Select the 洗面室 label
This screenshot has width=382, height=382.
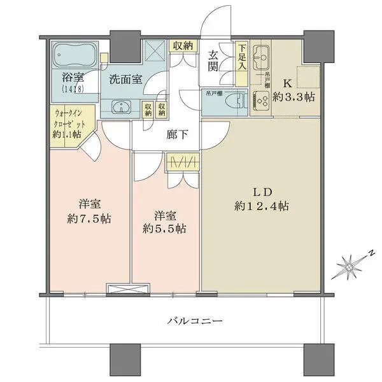(x=125, y=81)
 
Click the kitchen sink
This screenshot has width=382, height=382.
(x=260, y=61)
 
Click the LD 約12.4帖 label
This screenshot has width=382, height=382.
(x=260, y=199)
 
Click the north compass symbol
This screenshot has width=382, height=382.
(x=349, y=263)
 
